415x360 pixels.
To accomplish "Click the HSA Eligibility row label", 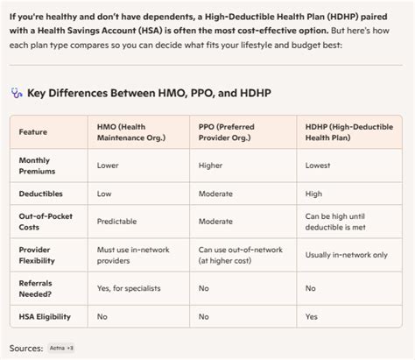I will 46,315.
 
